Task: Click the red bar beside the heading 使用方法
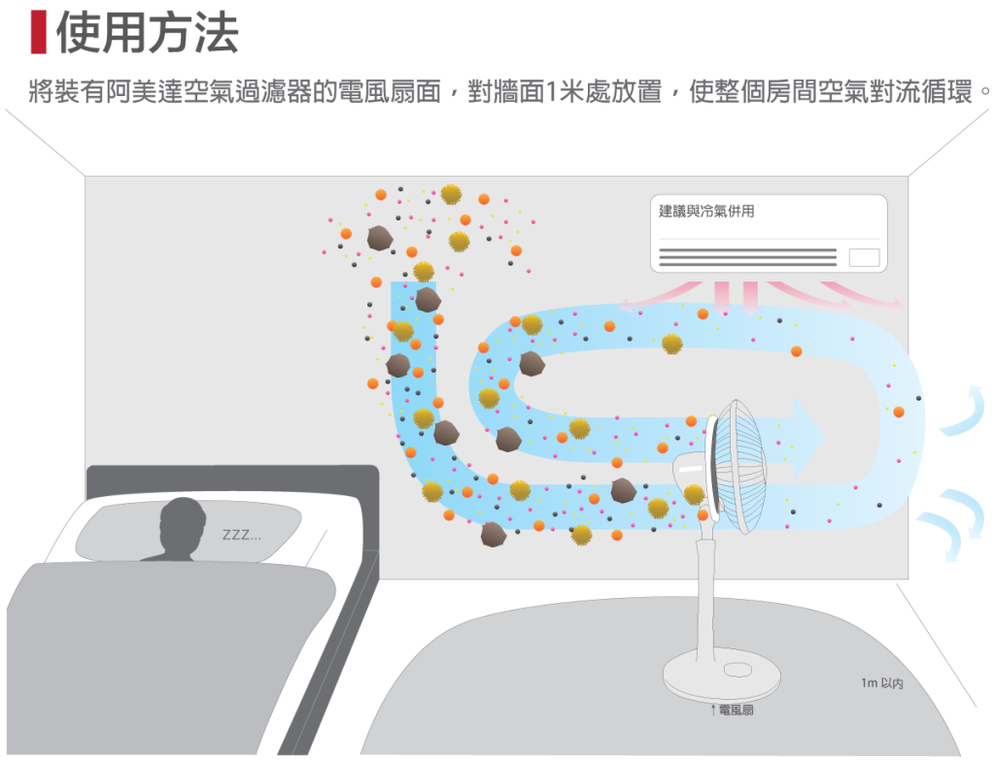(x=38, y=33)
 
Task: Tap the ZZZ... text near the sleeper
(x=241, y=536)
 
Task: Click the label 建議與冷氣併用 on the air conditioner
(x=706, y=212)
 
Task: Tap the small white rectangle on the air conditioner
(x=863, y=257)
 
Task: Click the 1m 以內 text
(x=881, y=683)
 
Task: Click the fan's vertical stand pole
(x=705, y=592)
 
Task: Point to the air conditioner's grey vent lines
(x=747, y=257)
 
